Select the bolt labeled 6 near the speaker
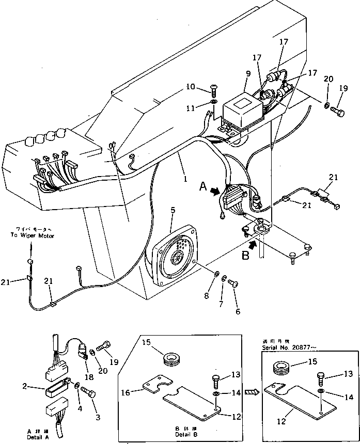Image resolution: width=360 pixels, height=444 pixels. (x=232, y=282)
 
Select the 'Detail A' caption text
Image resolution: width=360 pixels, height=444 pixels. (x=39, y=433)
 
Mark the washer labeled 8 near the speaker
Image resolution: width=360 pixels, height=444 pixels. (x=215, y=273)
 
